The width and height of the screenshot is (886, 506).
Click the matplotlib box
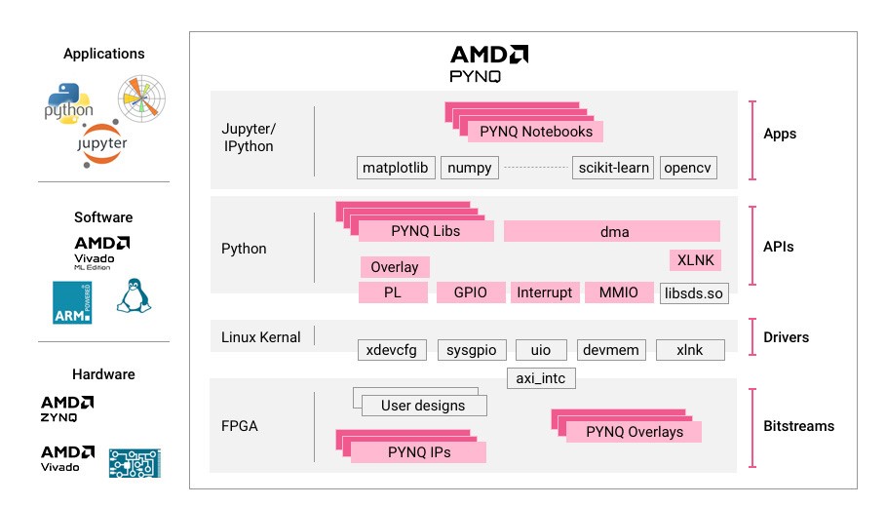click(x=396, y=168)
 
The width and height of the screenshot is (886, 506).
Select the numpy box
click(x=470, y=168)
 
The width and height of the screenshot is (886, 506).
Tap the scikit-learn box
click(x=612, y=168)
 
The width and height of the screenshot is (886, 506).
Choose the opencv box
click(x=688, y=168)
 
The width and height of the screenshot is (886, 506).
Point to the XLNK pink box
click(x=696, y=260)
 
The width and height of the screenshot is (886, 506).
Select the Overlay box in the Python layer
click(x=395, y=267)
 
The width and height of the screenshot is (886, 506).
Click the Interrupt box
click(x=544, y=292)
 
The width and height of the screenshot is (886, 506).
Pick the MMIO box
click(x=618, y=292)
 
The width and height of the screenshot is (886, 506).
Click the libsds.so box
click(x=694, y=292)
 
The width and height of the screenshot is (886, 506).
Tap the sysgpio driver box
click(x=471, y=350)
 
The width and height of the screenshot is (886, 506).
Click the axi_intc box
click(x=542, y=377)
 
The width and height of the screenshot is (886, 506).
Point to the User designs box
click(x=423, y=406)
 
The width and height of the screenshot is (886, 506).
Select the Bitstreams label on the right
click(x=798, y=426)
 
